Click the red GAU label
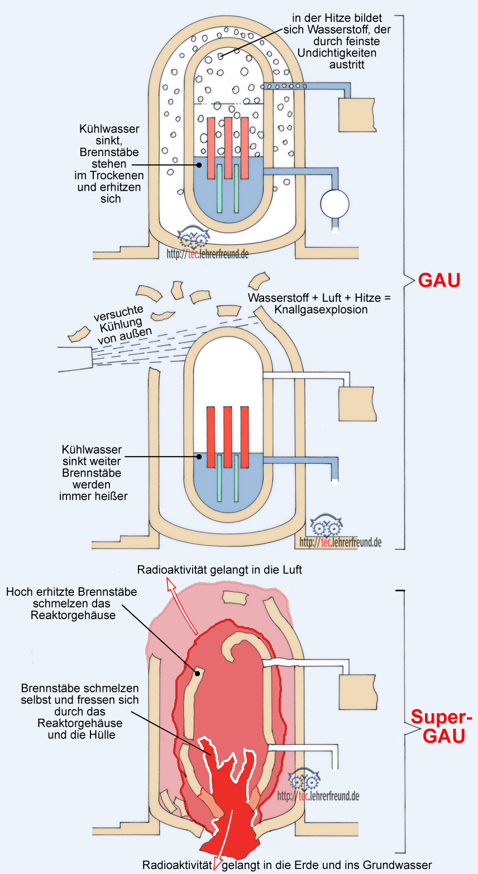point(439,279)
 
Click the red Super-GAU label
point(441,725)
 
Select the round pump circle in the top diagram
point(334,202)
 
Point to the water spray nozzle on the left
point(75,357)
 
